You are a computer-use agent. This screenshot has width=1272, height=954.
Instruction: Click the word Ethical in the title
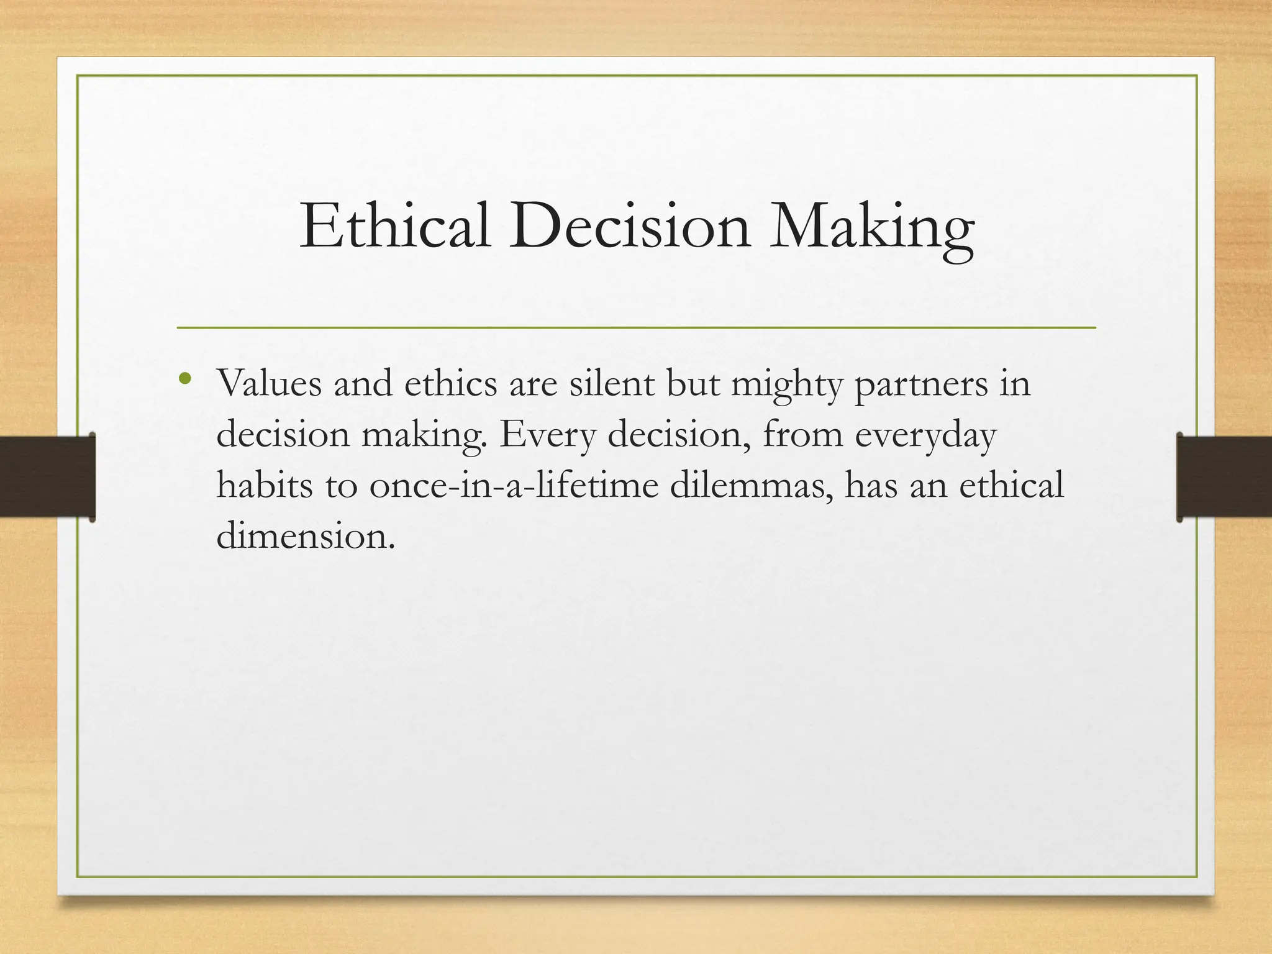coord(395,227)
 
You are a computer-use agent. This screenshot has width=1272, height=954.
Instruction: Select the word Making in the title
coord(871,227)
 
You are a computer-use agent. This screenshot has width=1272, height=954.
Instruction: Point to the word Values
coord(269,383)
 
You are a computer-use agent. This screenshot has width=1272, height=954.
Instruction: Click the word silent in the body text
coord(612,383)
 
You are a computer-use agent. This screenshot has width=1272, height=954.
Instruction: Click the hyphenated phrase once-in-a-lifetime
coord(514,485)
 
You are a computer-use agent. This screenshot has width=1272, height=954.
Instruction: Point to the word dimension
coord(306,535)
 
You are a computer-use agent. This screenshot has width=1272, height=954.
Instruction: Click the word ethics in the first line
coord(451,383)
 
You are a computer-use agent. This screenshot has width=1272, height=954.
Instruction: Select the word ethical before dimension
coord(1011,485)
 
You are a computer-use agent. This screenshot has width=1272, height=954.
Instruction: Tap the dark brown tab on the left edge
coord(47,476)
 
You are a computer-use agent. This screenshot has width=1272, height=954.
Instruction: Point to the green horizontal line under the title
coord(636,327)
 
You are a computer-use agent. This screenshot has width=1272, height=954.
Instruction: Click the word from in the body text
coord(802,434)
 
